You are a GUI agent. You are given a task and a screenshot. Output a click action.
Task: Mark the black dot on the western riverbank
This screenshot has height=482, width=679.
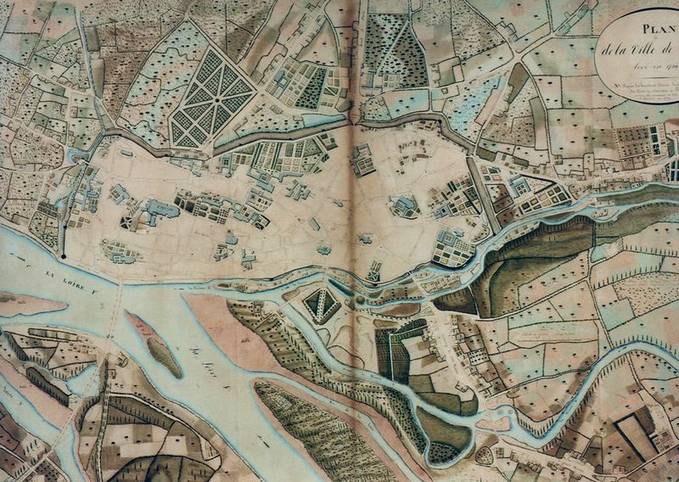tap(63, 254)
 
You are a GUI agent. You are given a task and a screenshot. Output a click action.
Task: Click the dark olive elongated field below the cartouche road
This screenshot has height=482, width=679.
tap(519, 81)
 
